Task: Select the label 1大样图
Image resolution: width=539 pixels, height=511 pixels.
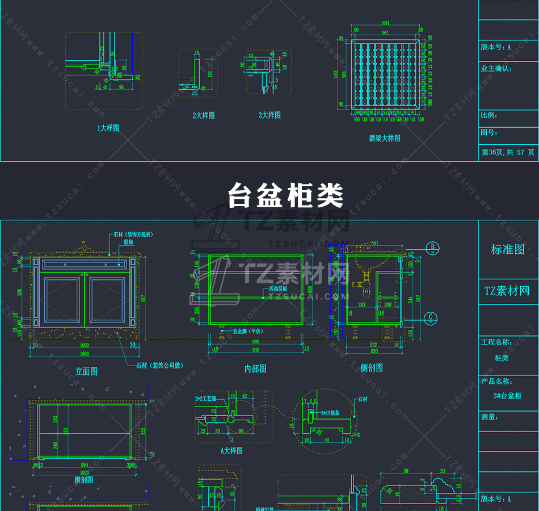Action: (108, 128)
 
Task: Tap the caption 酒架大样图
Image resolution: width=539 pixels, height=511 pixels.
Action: (385, 138)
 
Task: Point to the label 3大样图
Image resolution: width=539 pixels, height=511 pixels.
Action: (269, 115)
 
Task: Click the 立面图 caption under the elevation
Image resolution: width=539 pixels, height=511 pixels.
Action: (86, 371)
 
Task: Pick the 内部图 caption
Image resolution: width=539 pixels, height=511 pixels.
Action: (255, 369)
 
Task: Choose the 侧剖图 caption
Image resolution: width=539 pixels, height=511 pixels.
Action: (372, 368)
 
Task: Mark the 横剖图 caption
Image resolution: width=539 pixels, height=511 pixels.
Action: (83, 480)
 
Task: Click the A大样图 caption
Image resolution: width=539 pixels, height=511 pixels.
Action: (231, 451)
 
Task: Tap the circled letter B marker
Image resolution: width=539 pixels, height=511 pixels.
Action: (433, 247)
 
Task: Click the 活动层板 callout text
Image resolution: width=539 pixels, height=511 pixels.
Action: (279, 289)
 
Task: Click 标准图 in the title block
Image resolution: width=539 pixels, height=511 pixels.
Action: (508, 249)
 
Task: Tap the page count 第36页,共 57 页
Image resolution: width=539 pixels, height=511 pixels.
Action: (508, 152)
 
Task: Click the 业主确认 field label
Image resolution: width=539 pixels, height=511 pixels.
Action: (496, 69)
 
